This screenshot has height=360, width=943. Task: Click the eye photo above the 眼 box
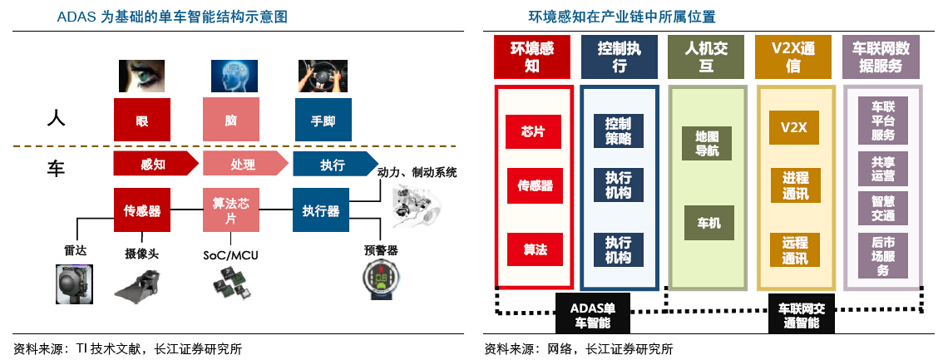pyautogui.click(x=142, y=76)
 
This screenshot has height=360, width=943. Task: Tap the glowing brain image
pyautogui.click(x=231, y=76)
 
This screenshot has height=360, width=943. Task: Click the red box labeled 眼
pyautogui.click(x=142, y=120)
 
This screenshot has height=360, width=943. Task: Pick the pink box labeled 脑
pyautogui.click(x=231, y=120)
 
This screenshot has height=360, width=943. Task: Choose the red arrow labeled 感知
pyautogui.click(x=148, y=165)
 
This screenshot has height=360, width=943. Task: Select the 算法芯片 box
pyautogui.click(x=231, y=210)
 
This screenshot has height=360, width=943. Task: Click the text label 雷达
pyautogui.click(x=76, y=249)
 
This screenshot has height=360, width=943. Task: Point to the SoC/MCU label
pyautogui.click(x=230, y=254)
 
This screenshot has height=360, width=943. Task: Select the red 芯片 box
pyautogui.click(x=532, y=131)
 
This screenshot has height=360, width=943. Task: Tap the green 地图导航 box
pyautogui.click(x=707, y=143)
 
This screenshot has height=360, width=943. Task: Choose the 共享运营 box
pyautogui.click(x=883, y=169)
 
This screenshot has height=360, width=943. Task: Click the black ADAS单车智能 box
pyautogui.click(x=591, y=313)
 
